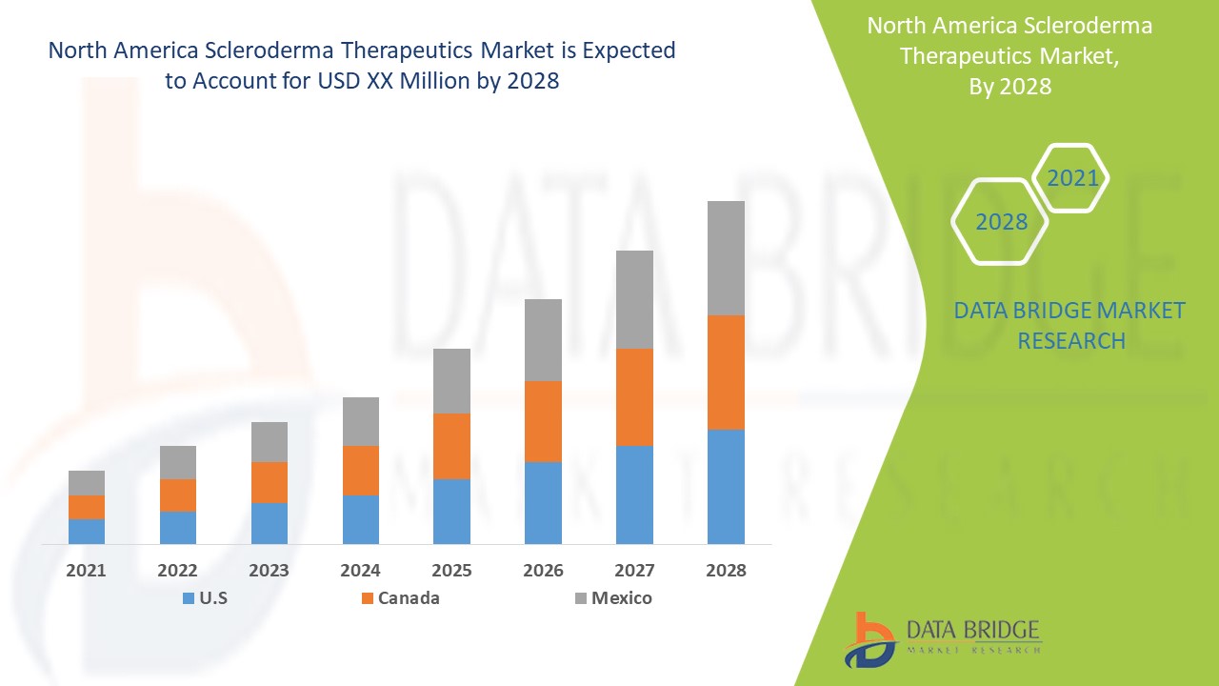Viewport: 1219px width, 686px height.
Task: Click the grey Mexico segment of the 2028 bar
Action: pyautogui.click(x=726, y=258)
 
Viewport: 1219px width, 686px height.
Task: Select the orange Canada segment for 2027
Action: pyautogui.click(x=634, y=397)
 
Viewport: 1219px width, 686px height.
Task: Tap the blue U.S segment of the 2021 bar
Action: pyautogui.click(x=87, y=532)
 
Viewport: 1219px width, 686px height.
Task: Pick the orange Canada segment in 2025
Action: pyautogui.click(x=451, y=446)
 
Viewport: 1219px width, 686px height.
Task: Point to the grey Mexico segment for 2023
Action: pyautogui.click(x=270, y=442)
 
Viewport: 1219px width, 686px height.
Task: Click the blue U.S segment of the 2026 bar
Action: pyautogui.click(x=543, y=503)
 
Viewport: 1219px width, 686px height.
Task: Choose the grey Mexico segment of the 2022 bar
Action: pyautogui.click(x=178, y=462)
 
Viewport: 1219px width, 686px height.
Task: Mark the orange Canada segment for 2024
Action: pyautogui.click(x=360, y=471)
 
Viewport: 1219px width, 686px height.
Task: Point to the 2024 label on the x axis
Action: pyautogui.click(x=360, y=571)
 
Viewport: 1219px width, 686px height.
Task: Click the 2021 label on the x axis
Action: pyautogui.click(x=87, y=571)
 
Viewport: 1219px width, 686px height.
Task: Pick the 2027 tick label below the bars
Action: pyautogui.click(x=634, y=571)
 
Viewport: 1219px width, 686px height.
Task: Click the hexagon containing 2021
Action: pyautogui.click(x=1072, y=178)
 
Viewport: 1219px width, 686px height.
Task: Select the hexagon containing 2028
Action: pyautogui.click(x=1001, y=222)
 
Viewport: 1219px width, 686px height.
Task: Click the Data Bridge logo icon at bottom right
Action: pyautogui.click(x=869, y=639)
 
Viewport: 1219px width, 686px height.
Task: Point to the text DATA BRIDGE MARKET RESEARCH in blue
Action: pyautogui.click(x=1069, y=325)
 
